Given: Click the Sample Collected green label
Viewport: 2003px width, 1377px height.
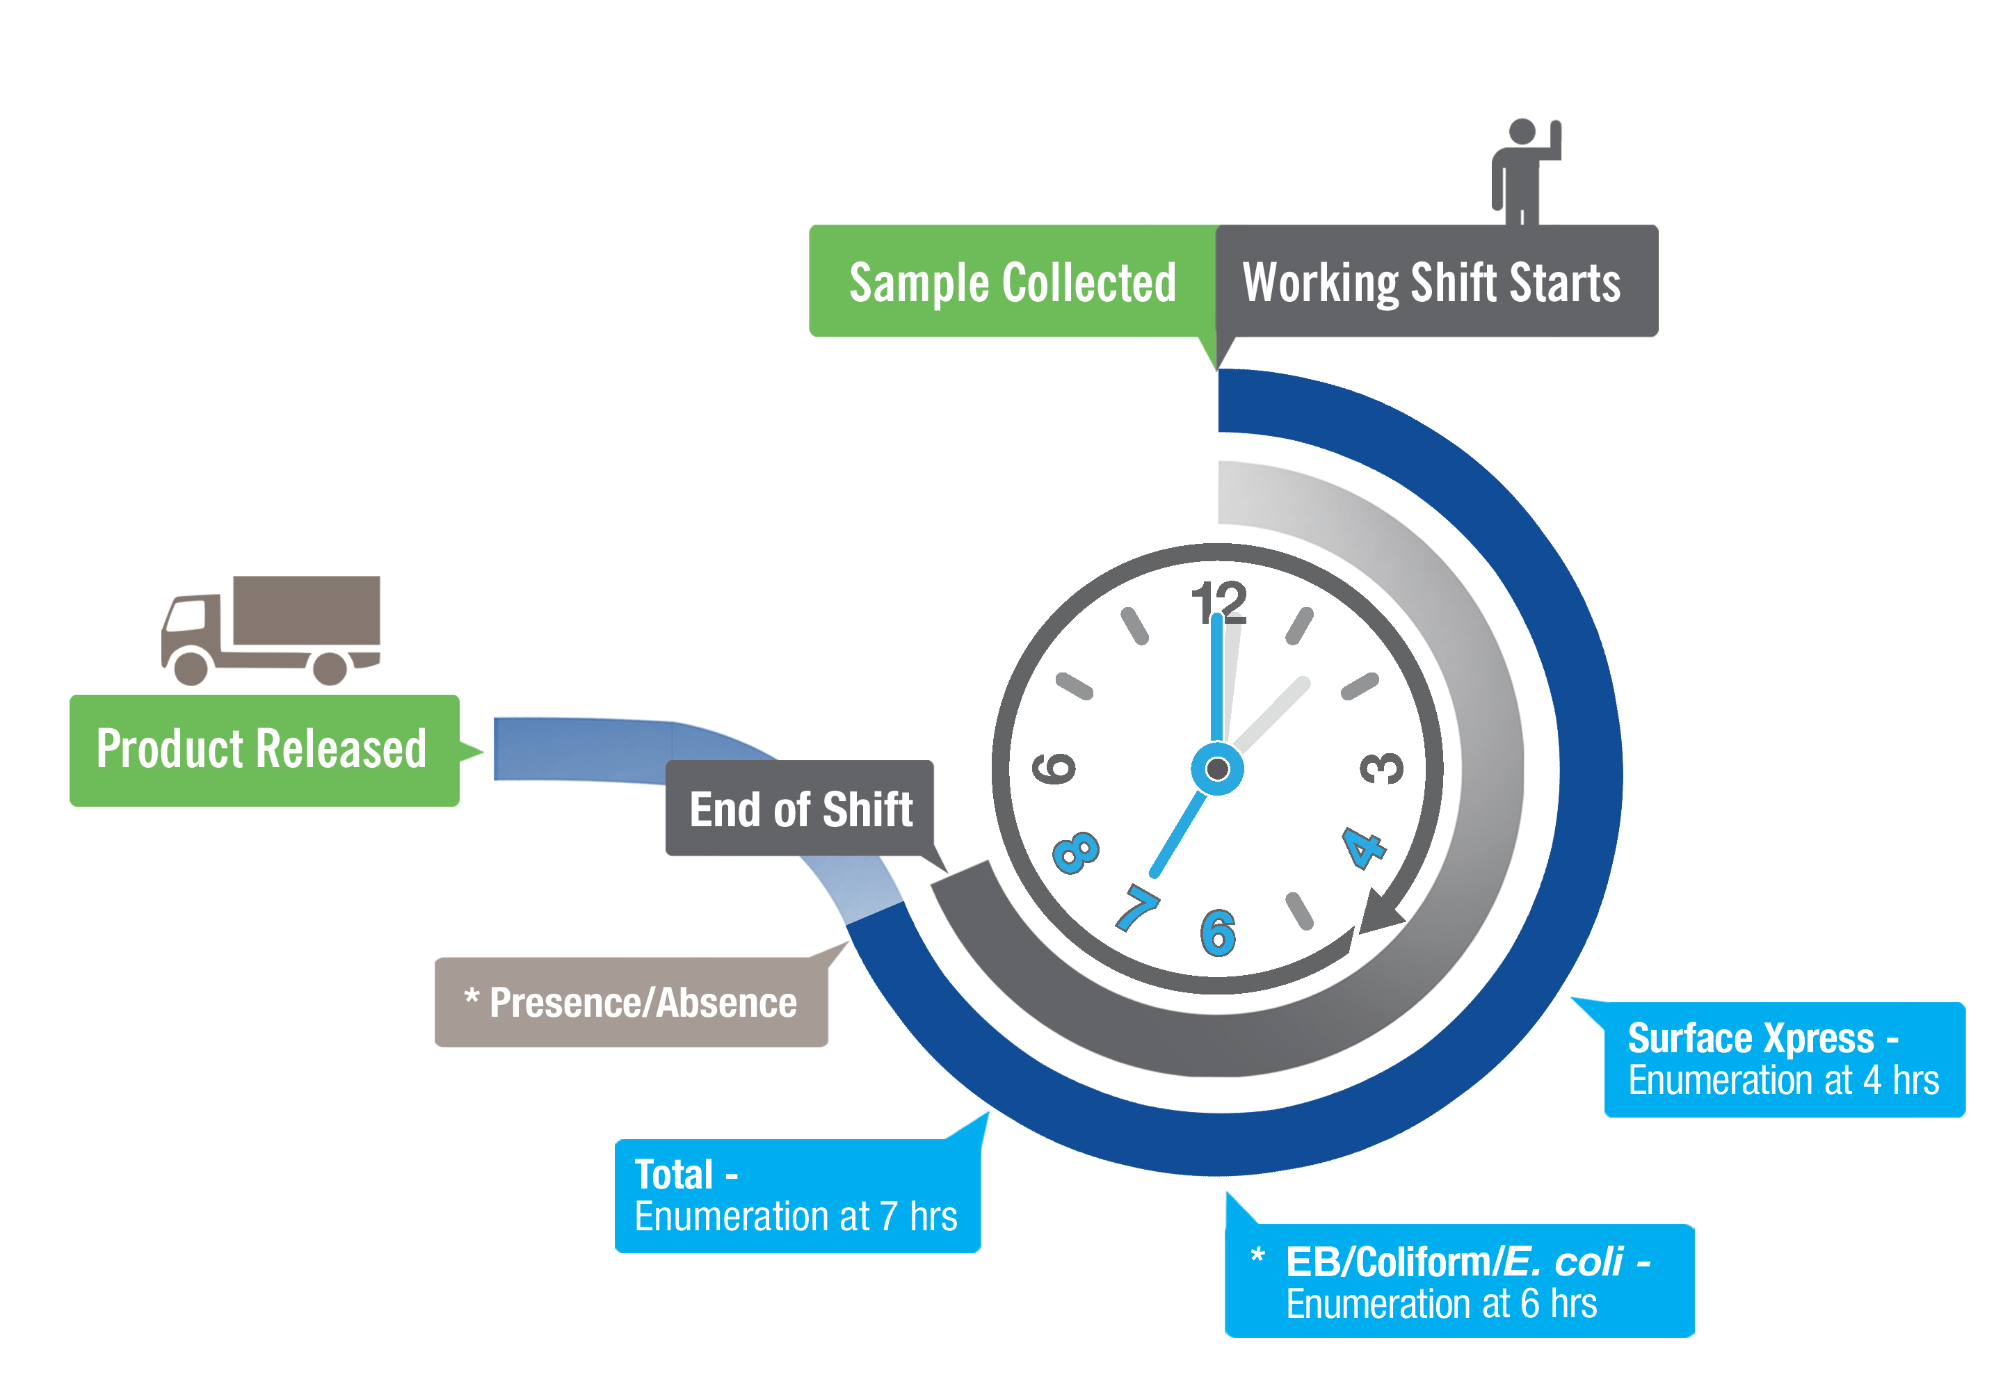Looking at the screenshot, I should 1011,284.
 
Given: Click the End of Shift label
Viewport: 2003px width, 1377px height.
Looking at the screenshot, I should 802,810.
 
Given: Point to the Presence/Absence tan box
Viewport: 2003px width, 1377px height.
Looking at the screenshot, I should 641,1004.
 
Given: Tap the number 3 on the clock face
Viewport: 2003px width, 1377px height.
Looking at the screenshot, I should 1381,768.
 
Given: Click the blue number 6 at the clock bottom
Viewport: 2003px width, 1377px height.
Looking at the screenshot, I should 1218,933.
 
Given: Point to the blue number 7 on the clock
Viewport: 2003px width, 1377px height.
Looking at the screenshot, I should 1138,908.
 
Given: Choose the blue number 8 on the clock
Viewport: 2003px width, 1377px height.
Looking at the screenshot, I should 1076,851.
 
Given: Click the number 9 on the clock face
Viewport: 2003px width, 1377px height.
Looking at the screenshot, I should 1054,768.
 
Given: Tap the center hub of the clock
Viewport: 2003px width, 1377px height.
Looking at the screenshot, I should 1217,768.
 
